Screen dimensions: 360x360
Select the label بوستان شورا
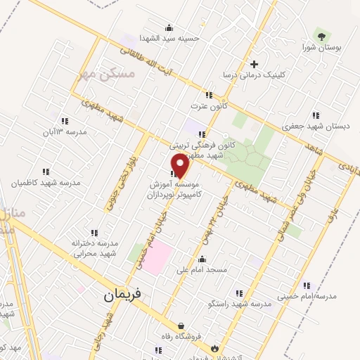click(321, 49)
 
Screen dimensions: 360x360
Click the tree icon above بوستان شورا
click(321, 35)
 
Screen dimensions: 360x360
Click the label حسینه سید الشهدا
click(168, 38)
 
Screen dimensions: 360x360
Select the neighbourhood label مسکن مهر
click(98, 75)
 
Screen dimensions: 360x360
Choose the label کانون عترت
click(207, 105)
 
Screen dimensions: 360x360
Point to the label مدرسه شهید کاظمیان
click(46, 183)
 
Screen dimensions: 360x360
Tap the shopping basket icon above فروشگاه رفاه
click(181, 326)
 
